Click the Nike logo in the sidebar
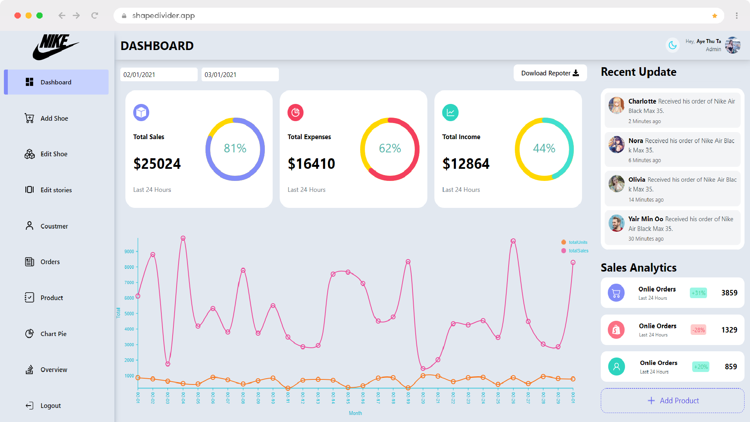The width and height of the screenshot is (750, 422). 55,47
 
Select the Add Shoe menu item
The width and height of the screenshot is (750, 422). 54,118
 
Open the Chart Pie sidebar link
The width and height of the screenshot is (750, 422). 53,334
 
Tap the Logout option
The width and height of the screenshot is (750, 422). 50,406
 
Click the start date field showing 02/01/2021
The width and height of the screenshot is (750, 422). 158,75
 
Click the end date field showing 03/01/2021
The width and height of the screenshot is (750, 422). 239,75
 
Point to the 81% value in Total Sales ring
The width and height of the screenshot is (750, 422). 235,148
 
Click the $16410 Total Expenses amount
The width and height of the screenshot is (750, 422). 311,164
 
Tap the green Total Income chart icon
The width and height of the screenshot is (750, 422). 450,113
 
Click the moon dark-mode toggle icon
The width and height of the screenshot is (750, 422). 672,45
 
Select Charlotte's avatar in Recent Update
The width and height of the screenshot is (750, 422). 616,105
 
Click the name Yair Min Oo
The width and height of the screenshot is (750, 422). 645,219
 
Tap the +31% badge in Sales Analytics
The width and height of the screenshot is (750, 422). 698,293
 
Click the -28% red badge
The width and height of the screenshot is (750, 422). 698,330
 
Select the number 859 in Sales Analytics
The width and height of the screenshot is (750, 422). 730,367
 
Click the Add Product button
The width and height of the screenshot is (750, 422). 672,401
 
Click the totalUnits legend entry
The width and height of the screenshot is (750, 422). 577,242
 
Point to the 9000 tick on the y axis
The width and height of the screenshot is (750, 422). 129,252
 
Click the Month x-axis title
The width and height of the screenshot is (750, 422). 355,413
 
